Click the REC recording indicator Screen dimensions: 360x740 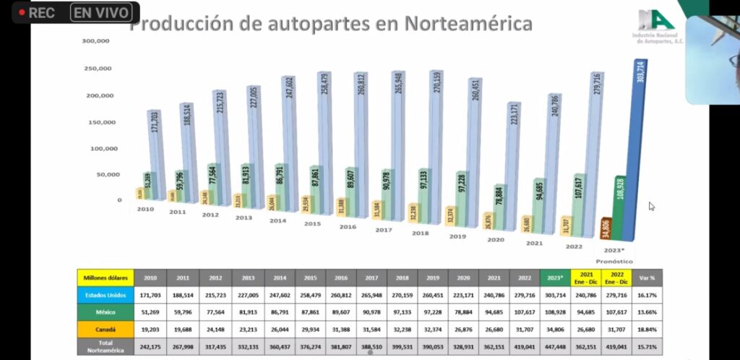tap(37, 13)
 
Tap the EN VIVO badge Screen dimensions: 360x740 tap(100, 12)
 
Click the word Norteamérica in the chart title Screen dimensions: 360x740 tap(468, 23)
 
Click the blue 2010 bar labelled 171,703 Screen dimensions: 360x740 tap(154, 155)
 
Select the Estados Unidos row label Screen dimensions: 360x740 tap(105, 296)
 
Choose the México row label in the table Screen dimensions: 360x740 tap(105, 312)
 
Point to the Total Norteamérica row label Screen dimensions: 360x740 tap(105, 346)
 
